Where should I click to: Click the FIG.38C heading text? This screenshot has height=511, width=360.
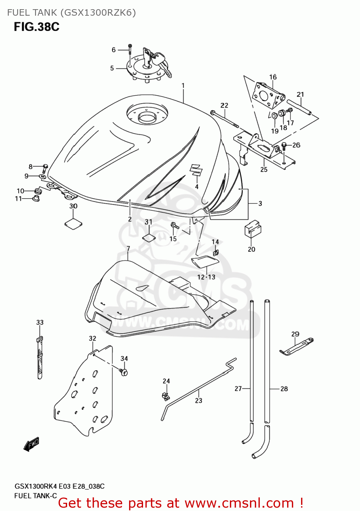click(x=36, y=27)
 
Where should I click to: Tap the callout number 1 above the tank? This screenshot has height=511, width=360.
click(x=183, y=86)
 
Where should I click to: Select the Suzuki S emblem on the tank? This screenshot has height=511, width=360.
click(x=196, y=170)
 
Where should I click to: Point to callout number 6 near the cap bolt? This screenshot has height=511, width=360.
click(x=114, y=50)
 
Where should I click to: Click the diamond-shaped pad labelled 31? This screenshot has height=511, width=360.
click(x=149, y=237)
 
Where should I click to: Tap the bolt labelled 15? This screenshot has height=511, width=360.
click(x=174, y=226)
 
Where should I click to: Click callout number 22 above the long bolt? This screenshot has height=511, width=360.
click(x=224, y=105)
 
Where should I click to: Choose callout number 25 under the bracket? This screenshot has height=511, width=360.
click(x=264, y=169)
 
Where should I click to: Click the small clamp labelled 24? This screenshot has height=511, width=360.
click(x=166, y=396)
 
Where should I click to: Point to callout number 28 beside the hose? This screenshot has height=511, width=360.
click(x=284, y=389)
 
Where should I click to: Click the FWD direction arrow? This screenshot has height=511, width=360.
click(x=32, y=444)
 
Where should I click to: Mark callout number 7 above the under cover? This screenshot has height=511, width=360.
click(x=128, y=249)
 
